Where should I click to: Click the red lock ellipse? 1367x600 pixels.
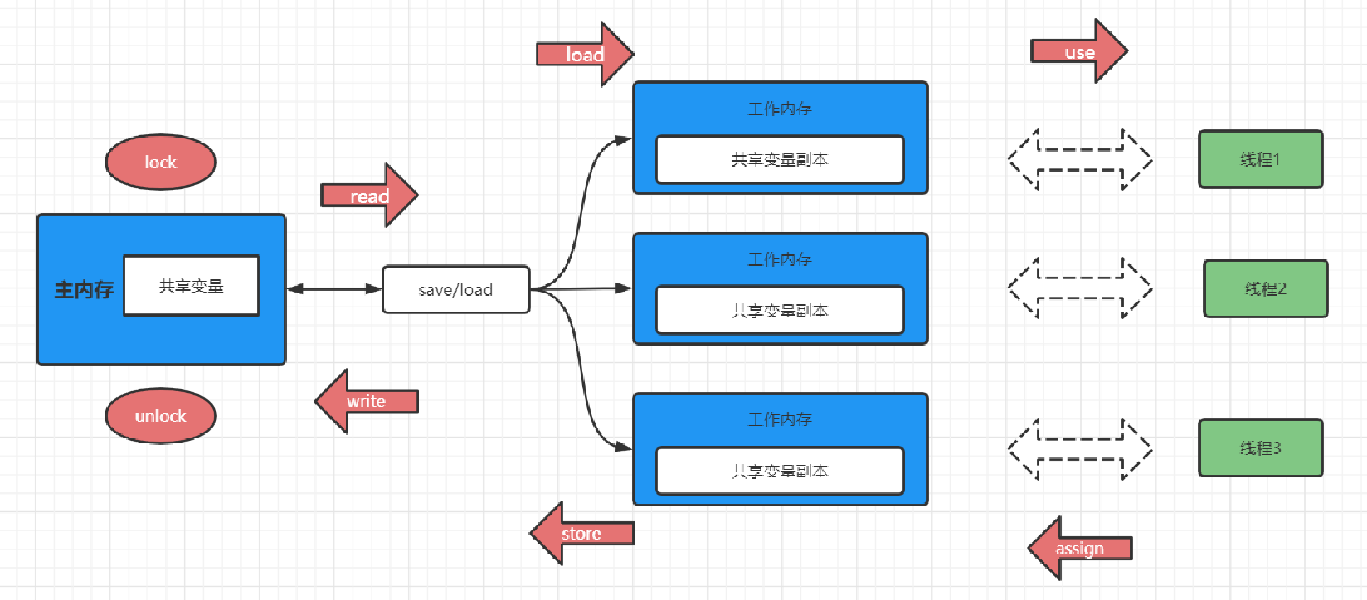[160, 162]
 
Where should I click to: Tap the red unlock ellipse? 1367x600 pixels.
[160, 416]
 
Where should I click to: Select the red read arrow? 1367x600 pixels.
[369, 195]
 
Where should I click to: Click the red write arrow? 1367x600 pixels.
[366, 401]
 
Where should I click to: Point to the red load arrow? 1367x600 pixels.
[585, 54]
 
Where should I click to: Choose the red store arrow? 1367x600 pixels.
[581, 534]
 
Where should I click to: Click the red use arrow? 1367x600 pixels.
[1079, 51]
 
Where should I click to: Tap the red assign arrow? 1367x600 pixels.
[1079, 548]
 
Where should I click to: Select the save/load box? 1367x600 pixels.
[456, 289]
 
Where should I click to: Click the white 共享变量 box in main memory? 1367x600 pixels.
[191, 285]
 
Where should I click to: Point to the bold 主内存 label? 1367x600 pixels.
[85, 289]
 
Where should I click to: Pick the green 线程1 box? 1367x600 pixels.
[1261, 159]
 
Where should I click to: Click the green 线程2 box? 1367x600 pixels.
[1266, 288]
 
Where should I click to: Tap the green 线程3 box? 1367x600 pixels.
[1261, 448]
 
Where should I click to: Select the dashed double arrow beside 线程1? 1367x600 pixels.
[1080, 160]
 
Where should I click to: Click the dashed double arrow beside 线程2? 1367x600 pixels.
[1080, 288]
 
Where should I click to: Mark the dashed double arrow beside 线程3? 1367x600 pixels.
[1080, 449]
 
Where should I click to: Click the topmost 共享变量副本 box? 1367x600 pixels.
[780, 160]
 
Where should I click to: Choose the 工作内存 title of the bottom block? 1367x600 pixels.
[780, 419]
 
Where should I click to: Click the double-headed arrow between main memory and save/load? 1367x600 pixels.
[334, 288]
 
